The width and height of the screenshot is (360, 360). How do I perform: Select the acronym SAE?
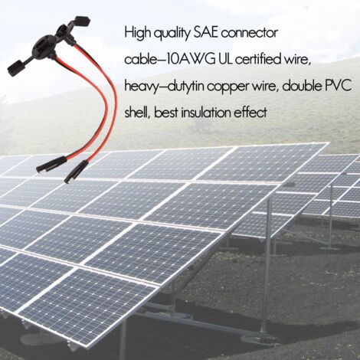[x=205, y=33]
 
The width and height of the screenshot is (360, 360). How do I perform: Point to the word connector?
[x=249, y=34]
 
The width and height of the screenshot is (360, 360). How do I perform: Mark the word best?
[x=165, y=113]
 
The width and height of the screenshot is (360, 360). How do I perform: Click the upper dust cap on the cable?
[x=82, y=21]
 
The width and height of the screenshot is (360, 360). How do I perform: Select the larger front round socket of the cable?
[x=44, y=47]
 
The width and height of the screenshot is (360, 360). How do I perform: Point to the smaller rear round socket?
[x=64, y=30]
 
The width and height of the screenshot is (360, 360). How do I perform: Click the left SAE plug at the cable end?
[x=51, y=165]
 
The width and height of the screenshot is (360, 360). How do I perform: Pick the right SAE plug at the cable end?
[x=76, y=171]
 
